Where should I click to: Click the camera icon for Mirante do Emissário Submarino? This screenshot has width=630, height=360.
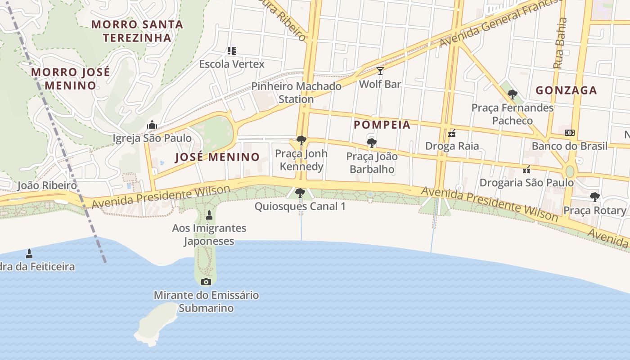206,282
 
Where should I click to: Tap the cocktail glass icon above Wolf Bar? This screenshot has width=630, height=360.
380,71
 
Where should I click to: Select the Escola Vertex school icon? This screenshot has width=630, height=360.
231,51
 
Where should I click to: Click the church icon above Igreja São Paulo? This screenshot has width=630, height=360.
152,125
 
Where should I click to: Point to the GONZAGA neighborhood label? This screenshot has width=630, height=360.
566,90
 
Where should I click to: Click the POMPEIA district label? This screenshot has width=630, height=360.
382,125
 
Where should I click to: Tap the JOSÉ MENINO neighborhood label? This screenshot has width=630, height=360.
217,157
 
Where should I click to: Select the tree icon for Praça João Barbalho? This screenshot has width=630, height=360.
371,143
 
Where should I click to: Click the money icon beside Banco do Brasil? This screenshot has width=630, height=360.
570,133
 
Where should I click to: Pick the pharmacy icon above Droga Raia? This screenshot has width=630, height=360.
452,133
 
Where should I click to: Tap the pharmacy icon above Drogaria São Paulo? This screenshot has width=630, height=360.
526,170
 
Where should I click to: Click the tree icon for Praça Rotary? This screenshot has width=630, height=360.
594,197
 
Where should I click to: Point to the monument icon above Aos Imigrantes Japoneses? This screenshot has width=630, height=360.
209,215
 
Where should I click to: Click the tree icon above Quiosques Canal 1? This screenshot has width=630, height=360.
300,193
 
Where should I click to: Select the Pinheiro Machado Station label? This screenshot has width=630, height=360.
296,92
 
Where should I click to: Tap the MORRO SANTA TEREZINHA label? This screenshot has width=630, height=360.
137,31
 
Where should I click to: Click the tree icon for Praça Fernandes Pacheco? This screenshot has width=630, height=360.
512,94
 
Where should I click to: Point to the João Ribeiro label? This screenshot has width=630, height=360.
47,185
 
